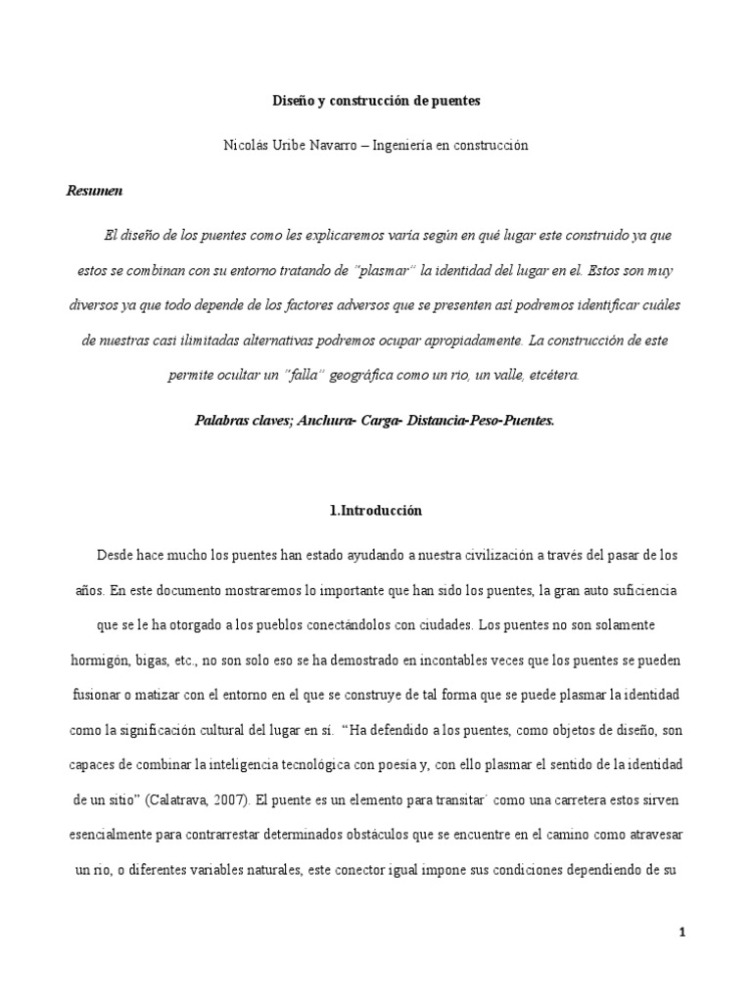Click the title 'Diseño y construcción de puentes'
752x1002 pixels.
[376, 101]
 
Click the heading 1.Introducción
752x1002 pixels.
[376, 511]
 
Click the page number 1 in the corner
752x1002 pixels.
[683, 934]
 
